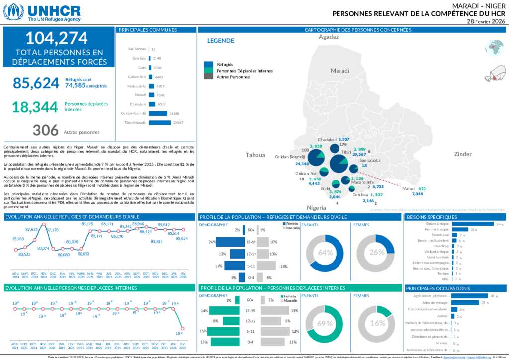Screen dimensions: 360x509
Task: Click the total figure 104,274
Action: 56,38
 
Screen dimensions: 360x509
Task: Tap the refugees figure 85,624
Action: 36,83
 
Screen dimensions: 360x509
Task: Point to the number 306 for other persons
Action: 46,130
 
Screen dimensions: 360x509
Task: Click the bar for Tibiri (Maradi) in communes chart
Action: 159,122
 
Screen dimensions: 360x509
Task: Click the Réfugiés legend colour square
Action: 208,64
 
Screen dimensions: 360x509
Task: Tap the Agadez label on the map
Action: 328,37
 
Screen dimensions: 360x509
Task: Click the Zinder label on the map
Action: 462,154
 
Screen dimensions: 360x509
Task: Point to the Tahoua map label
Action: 255,155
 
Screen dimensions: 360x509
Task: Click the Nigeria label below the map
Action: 316,207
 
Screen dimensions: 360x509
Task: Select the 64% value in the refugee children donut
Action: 325,253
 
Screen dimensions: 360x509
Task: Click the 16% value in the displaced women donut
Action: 378,323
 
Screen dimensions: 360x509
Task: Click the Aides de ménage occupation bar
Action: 464,302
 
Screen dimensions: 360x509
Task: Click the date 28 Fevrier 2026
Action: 486,21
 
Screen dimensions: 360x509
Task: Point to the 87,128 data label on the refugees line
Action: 52,230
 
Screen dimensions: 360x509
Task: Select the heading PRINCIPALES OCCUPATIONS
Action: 431,288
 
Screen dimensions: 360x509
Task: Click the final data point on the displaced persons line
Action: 183,328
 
